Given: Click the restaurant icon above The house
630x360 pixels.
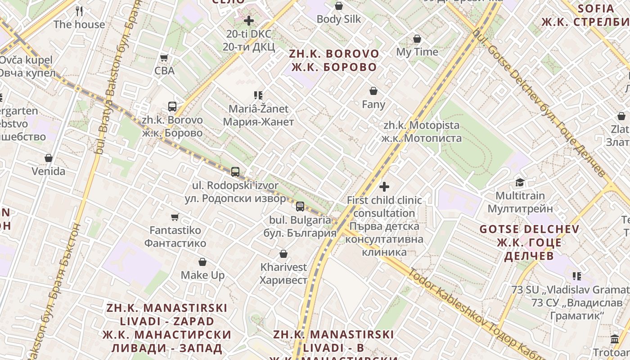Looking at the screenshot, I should [x=79, y=11].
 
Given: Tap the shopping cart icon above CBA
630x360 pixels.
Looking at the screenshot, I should [x=164, y=58].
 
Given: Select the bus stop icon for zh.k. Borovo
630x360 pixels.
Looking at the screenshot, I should [x=172, y=107].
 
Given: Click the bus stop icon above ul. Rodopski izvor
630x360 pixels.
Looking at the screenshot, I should [x=235, y=171].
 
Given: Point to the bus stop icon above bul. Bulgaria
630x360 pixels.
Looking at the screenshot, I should [x=300, y=207].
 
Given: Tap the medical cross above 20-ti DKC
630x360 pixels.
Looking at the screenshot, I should [x=249, y=21].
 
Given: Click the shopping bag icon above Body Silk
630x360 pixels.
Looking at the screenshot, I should [x=339, y=6].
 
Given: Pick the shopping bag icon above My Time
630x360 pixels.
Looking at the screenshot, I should [x=417, y=39].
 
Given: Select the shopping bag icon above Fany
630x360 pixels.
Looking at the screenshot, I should [x=373, y=91].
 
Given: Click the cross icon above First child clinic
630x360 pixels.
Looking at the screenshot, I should [x=384, y=186].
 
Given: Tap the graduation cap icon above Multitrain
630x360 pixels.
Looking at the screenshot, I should [x=520, y=182].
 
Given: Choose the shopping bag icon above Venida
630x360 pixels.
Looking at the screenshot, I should [x=49, y=158].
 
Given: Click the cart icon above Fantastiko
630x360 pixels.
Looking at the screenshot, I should [x=175, y=217].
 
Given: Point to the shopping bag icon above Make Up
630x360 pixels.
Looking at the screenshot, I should [x=202, y=262].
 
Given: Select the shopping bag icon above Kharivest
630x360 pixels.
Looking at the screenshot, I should [x=283, y=254].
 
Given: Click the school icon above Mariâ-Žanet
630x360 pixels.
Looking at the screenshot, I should [x=258, y=95].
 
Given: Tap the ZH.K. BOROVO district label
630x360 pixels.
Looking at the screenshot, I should [x=334, y=60].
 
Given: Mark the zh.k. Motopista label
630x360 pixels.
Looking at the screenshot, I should [x=421, y=131].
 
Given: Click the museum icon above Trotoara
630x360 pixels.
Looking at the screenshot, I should [x=615, y=339].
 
